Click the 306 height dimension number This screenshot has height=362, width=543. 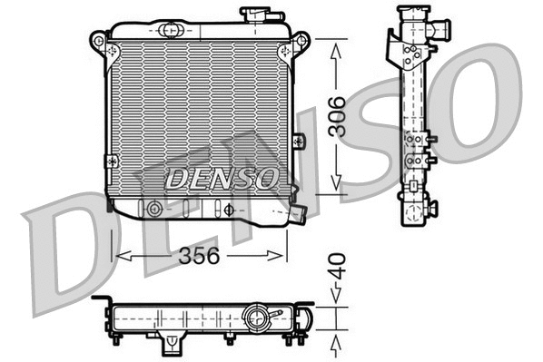pos(337,116)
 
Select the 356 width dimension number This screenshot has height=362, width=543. pos(199,256)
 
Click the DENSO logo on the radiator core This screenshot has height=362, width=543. pos(221,177)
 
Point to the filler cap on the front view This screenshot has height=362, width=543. pos(255,15)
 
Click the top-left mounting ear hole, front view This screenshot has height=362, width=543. pos(97,40)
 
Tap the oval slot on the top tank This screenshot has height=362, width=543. pos(170,30)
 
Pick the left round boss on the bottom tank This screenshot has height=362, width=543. pos(155,210)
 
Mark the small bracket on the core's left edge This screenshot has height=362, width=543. pos(111,160)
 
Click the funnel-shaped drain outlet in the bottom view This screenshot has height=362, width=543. pos(171,346)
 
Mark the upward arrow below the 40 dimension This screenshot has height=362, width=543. pos(337,343)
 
